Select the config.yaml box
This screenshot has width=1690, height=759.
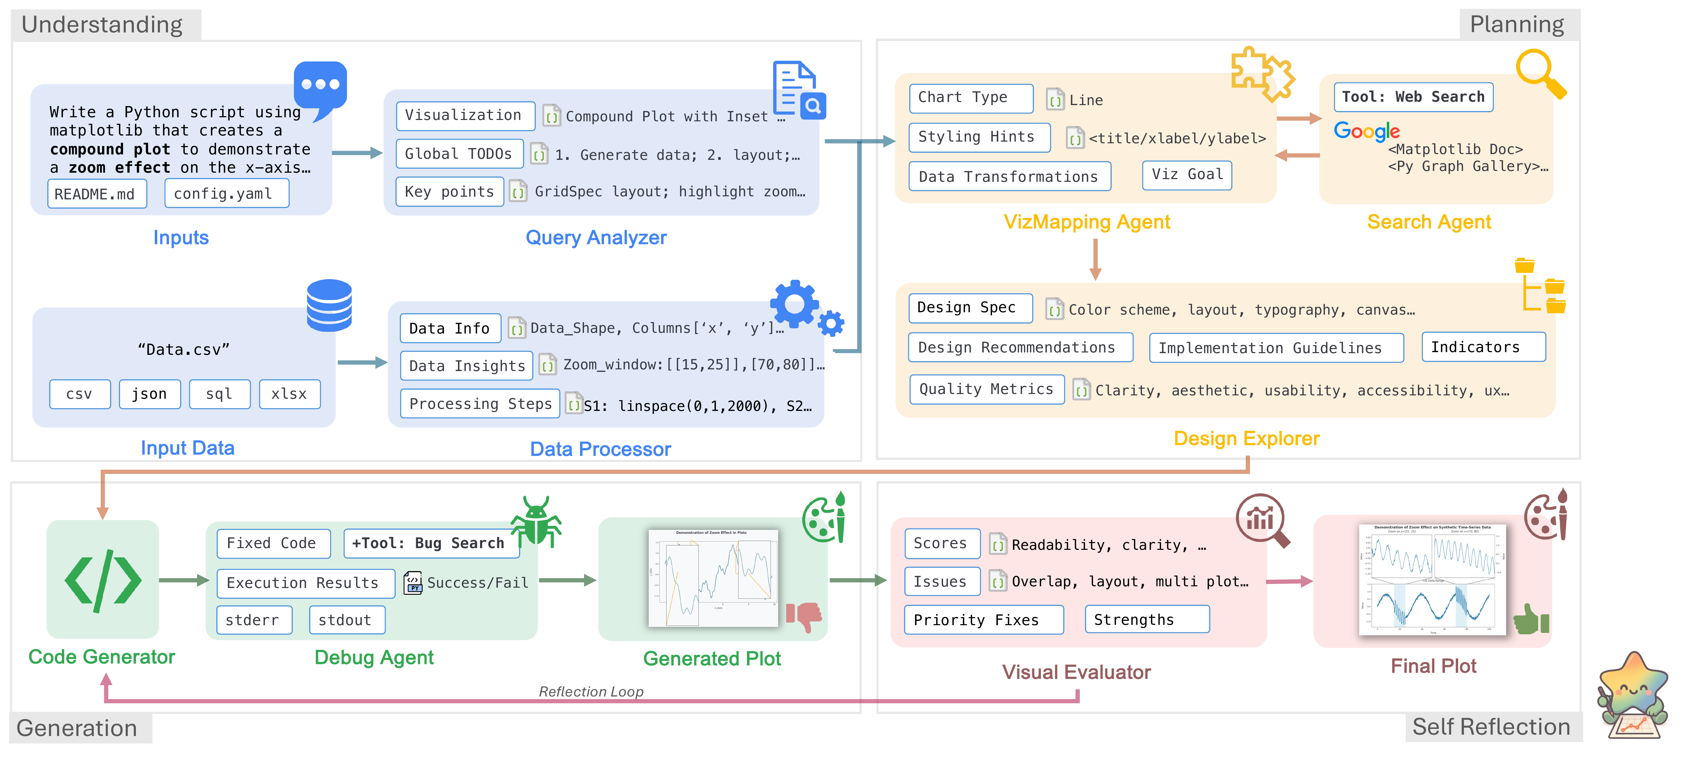tap(226, 194)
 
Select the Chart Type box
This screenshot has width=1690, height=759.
tap(970, 98)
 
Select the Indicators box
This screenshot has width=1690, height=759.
tap(1483, 347)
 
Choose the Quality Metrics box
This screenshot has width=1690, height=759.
tap(986, 390)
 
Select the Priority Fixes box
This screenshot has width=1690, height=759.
tap(983, 620)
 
